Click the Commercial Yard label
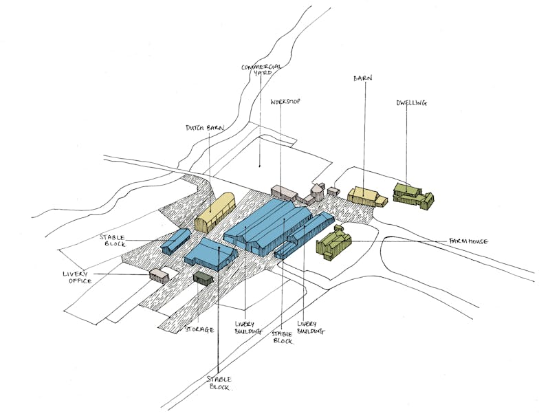pos(262,69)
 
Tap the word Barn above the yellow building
pos(363,78)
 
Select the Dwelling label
pos(412,103)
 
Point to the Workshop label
pos(285,102)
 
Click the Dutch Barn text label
pos(205,128)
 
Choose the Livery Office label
pos(78,277)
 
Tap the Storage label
pos(199,329)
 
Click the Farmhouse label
pos(468,241)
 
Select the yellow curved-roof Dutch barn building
pos(214,212)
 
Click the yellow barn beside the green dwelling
pos(367,197)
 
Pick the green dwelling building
pos(413,196)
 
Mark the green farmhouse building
pos(333,242)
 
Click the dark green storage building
pos(203,278)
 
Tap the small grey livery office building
pos(159,275)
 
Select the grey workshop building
pos(284,193)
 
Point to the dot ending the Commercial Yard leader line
pos(260,166)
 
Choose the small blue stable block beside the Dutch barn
pos(176,241)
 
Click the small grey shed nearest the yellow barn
pos(333,191)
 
